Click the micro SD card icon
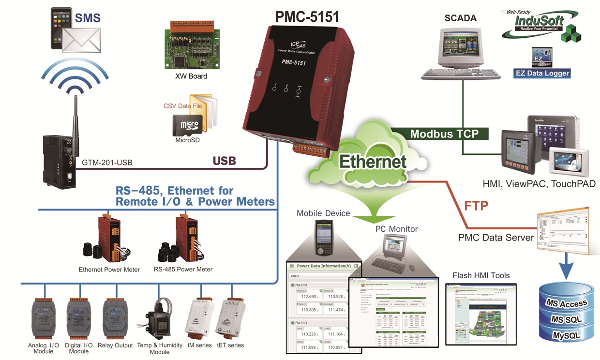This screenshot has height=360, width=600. point(186,125)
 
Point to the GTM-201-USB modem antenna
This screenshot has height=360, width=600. point(76,116)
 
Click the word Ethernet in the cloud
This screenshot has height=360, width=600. point(373,161)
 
